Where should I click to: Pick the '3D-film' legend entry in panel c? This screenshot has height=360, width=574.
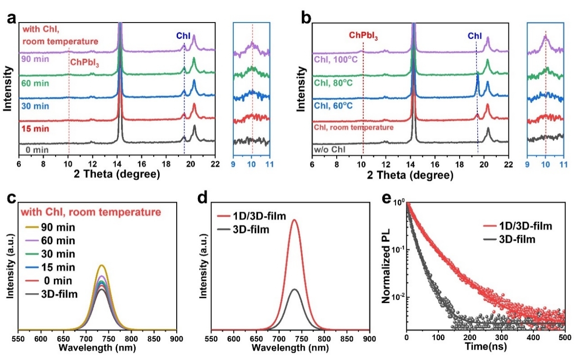click(55, 294)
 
